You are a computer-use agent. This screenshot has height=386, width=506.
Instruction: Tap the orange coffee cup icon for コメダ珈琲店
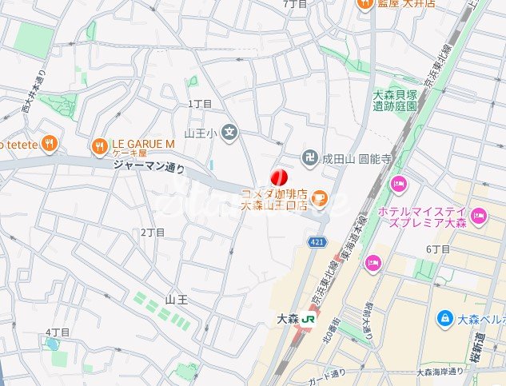tap(319, 196)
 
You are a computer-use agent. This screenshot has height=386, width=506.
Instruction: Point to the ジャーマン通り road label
tap(149, 168)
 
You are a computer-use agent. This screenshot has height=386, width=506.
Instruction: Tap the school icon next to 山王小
tap(230, 132)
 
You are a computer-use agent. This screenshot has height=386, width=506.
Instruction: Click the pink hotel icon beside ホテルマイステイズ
tap(479, 214)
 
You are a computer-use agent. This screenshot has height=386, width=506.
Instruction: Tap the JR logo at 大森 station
tap(307, 319)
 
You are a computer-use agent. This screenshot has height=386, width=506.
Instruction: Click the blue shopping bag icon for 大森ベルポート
tap(444, 319)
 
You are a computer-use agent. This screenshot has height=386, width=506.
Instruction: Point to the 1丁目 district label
tap(200, 104)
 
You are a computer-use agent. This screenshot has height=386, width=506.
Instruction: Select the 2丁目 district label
tap(153, 232)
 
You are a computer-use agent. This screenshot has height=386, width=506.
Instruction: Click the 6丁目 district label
tap(439, 249)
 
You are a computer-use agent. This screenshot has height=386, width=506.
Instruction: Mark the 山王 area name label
tap(176, 299)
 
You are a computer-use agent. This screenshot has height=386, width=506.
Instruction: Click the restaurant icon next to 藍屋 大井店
tap(365, 4)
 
